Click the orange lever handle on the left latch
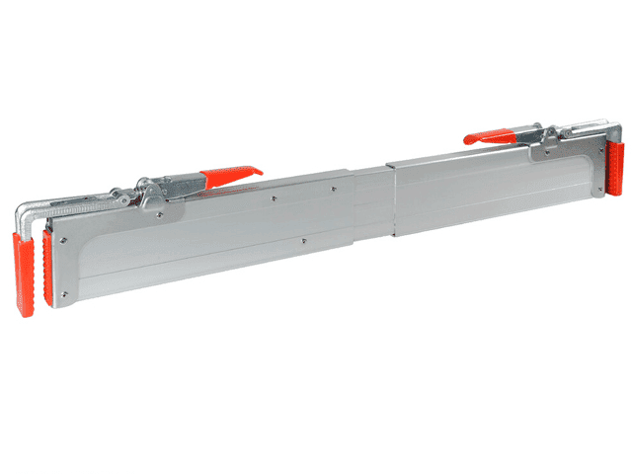[230, 177]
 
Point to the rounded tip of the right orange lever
[469, 141]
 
